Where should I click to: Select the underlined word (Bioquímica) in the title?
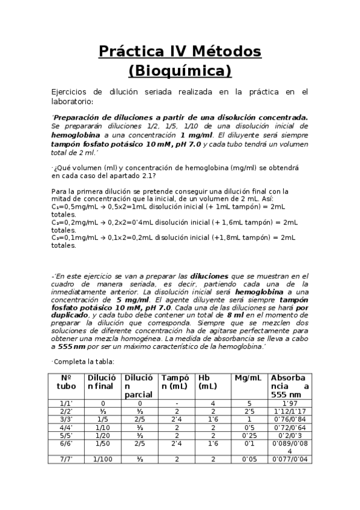[180, 71]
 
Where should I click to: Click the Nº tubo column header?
[66, 382]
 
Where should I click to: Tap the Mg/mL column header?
[248, 378]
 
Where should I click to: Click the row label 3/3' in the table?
[66, 419]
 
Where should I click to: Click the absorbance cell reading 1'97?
[290, 404]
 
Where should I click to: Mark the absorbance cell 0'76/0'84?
[290, 419]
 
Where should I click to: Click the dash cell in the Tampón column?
[177, 404]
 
